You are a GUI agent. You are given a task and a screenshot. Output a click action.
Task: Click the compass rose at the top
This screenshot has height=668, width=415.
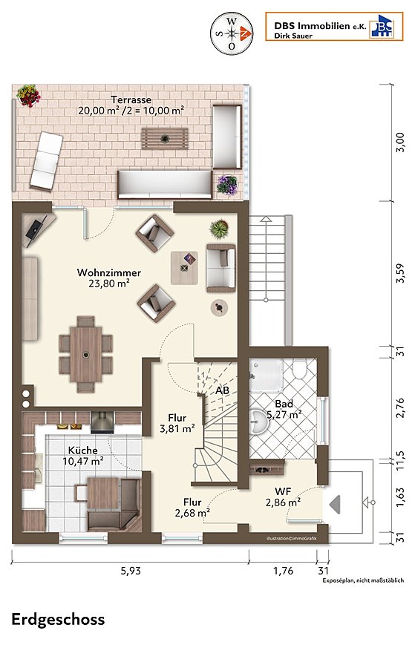[232, 33]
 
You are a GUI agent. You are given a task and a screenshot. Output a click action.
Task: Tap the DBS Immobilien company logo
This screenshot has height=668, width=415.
[334, 27]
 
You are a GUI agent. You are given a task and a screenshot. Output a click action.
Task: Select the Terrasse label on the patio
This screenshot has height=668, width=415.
[131, 99]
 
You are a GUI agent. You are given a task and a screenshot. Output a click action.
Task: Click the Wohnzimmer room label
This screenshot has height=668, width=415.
[108, 272]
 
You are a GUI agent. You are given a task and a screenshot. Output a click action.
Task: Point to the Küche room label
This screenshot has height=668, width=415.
[82, 451]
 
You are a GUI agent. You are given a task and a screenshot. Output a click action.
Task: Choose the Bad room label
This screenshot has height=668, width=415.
[284, 404]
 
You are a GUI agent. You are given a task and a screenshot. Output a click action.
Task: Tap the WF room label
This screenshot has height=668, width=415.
[283, 491]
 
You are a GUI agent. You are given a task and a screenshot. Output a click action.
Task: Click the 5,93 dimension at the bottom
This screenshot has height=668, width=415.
[131, 571]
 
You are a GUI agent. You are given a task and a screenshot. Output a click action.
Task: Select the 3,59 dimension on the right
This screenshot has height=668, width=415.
[399, 273]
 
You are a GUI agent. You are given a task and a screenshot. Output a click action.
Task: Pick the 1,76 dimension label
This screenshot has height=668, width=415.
[283, 571]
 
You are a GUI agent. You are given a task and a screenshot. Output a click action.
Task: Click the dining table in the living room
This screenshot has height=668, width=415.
[86, 355]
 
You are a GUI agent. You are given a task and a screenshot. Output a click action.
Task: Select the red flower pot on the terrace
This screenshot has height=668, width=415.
[28, 96]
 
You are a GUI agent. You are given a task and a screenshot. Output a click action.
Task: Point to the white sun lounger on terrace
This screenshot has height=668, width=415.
[46, 160]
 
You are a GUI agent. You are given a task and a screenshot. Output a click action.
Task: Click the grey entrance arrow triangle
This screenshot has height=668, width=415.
[336, 504]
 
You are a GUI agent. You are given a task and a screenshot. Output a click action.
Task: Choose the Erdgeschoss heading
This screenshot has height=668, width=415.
[58, 620]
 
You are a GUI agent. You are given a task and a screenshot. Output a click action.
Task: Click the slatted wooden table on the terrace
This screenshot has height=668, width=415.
[165, 139]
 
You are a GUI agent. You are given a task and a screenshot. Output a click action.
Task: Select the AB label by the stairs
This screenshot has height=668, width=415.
[222, 390]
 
